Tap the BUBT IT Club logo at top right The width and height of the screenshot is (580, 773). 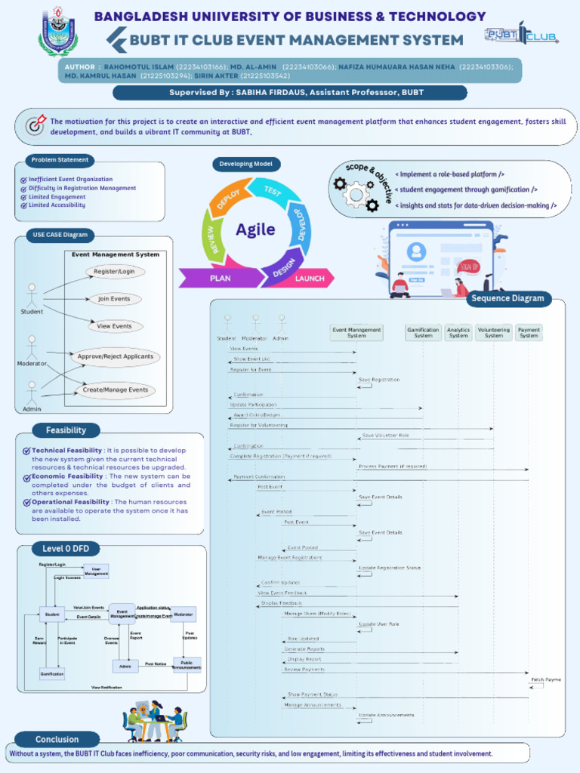coord(520,35)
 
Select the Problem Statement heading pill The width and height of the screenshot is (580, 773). coord(60,160)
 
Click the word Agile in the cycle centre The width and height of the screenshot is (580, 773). coord(255,229)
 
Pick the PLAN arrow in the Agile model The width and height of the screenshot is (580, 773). coord(220,279)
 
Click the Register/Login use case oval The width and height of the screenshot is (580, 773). coord(115,272)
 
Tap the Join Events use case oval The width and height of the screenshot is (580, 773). coord(115,299)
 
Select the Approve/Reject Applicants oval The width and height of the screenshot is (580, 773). coord(115,356)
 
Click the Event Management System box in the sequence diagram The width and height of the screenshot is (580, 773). coord(356,332)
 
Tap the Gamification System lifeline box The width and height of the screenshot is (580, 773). coord(423,332)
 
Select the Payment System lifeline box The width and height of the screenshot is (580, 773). coord(529,332)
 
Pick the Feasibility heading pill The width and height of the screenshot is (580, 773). coord(66,430)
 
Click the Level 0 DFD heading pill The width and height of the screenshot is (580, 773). coord(65,549)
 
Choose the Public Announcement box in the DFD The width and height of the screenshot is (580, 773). coord(187,665)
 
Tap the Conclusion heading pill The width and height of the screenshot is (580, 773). coord(57,739)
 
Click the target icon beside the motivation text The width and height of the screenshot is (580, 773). coord(35,125)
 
